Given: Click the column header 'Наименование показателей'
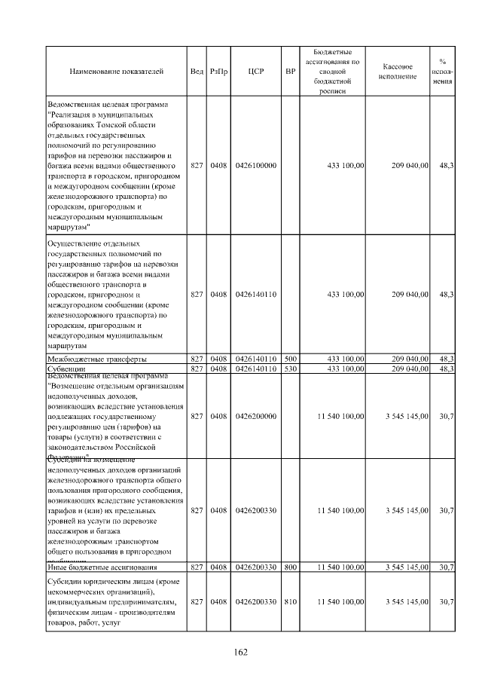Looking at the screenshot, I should coord(116,72).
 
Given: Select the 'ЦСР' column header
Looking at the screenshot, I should coord(255,72).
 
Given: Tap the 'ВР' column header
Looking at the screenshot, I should coord(290,72).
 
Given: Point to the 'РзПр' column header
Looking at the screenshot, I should coord(218,72).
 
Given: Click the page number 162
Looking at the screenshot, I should coord(241,652).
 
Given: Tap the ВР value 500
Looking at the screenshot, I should coord(291,359).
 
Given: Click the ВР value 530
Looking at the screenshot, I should coord(291,369).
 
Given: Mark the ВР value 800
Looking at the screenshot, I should coord(291,567).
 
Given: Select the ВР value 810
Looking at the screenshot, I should coord(291,601).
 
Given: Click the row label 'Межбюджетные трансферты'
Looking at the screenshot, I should coord(97,359).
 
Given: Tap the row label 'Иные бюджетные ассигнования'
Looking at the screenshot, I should coord(102,567).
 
